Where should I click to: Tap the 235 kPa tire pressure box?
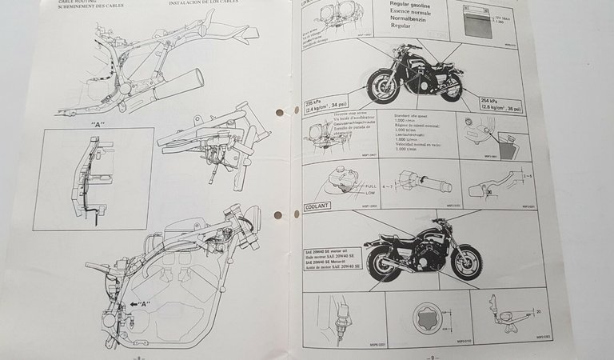pyautogui.click(x=325, y=106)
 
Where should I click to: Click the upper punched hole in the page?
pyautogui.click(x=279, y=113)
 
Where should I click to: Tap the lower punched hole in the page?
pyautogui.click(x=280, y=215)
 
